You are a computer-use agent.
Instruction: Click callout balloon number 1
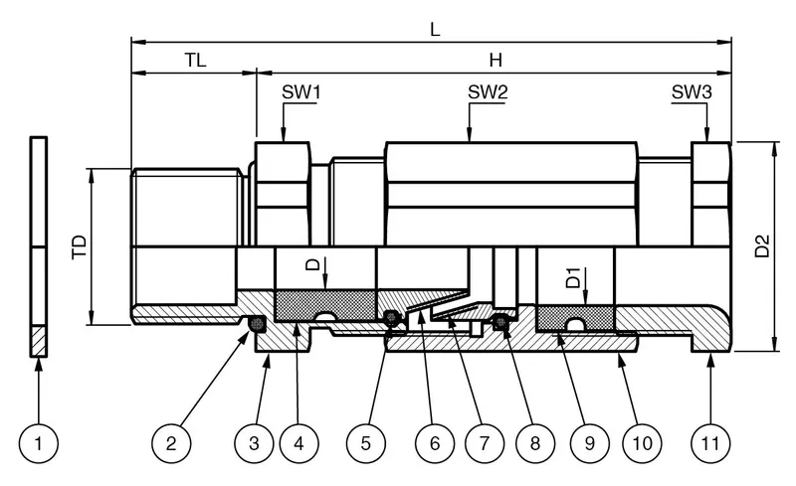(39, 443)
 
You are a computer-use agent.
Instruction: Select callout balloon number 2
(171, 443)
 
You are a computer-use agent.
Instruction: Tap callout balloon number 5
(365, 443)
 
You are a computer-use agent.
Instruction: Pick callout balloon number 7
(485, 443)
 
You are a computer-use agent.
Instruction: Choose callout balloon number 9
(589, 443)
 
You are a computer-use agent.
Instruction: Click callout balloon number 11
(710, 443)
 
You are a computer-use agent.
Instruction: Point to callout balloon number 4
(298, 443)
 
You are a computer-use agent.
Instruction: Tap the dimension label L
(435, 30)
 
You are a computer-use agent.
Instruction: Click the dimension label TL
(195, 60)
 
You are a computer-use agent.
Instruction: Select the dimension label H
(496, 60)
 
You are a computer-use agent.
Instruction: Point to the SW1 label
(301, 91)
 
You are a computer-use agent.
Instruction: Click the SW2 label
(488, 91)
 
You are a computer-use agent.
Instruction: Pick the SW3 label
(692, 91)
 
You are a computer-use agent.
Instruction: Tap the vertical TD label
(80, 247)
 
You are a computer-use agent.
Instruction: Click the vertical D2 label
(762, 245)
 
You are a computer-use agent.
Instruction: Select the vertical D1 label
(573, 277)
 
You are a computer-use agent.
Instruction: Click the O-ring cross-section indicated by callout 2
(258, 323)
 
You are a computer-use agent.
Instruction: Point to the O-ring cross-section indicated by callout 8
(501, 321)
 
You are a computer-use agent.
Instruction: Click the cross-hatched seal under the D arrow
(325, 305)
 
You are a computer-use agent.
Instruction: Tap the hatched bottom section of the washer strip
(39, 341)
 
